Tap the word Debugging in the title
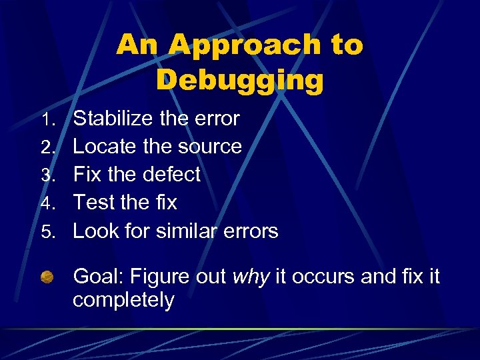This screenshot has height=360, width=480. point(240,80)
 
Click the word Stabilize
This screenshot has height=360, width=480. point(114,119)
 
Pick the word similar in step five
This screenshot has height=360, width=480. point(188,231)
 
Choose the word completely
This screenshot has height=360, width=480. point(123,301)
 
